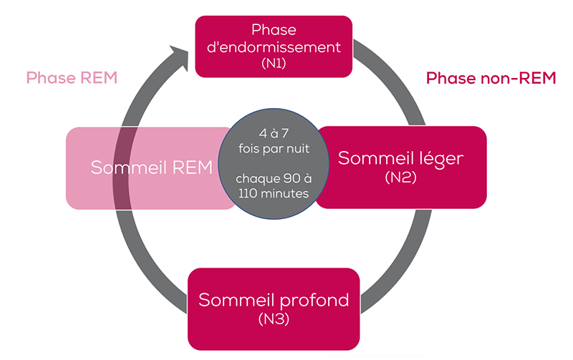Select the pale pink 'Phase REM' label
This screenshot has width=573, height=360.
72,78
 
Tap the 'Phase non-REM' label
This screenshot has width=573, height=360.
491,79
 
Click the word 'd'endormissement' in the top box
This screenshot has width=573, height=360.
274,47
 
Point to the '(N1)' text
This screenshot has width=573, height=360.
274,64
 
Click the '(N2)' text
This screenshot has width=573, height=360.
401,176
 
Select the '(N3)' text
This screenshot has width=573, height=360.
274,318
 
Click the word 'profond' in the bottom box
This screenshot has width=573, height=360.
312,299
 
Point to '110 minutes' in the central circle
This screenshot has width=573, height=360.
274,194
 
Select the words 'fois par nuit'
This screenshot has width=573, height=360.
274,148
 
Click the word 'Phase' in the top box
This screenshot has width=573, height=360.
274,30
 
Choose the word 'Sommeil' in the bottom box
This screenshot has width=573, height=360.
235,299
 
